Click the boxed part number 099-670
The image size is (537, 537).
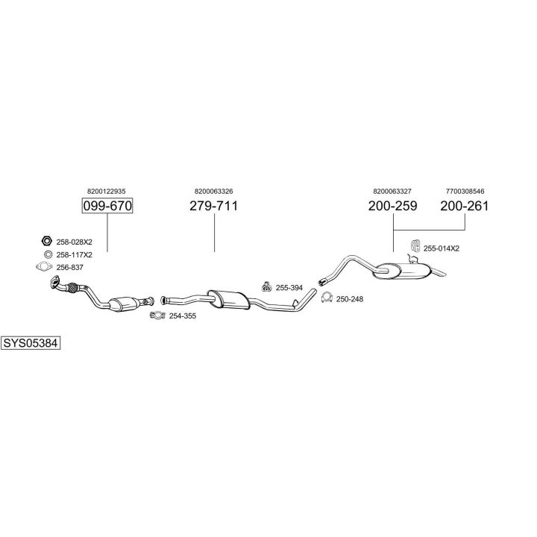[x=107, y=206]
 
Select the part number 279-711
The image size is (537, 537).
[x=214, y=206]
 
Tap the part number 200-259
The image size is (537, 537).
[x=392, y=206]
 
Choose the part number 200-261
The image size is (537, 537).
[x=465, y=206]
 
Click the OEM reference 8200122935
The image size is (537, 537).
[x=106, y=191]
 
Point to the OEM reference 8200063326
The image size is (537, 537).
[x=214, y=191]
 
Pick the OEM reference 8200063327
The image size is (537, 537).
[x=392, y=191]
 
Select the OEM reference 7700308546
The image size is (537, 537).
[x=465, y=191]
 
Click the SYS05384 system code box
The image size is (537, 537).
[x=31, y=343]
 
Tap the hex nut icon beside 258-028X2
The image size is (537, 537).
[x=46, y=241]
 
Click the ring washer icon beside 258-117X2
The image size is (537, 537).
[x=48, y=254]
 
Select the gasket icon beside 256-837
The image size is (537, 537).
[x=44, y=267]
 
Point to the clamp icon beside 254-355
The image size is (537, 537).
[x=157, y=315]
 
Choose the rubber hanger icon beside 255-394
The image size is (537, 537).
[x=266, y=287]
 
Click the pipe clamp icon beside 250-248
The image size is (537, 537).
[x=327, y=298]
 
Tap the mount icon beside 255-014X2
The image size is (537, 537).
[x=415, y=248]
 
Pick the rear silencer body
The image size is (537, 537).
[x=403, y=271]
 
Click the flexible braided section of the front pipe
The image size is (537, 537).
[x=72, y=288]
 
